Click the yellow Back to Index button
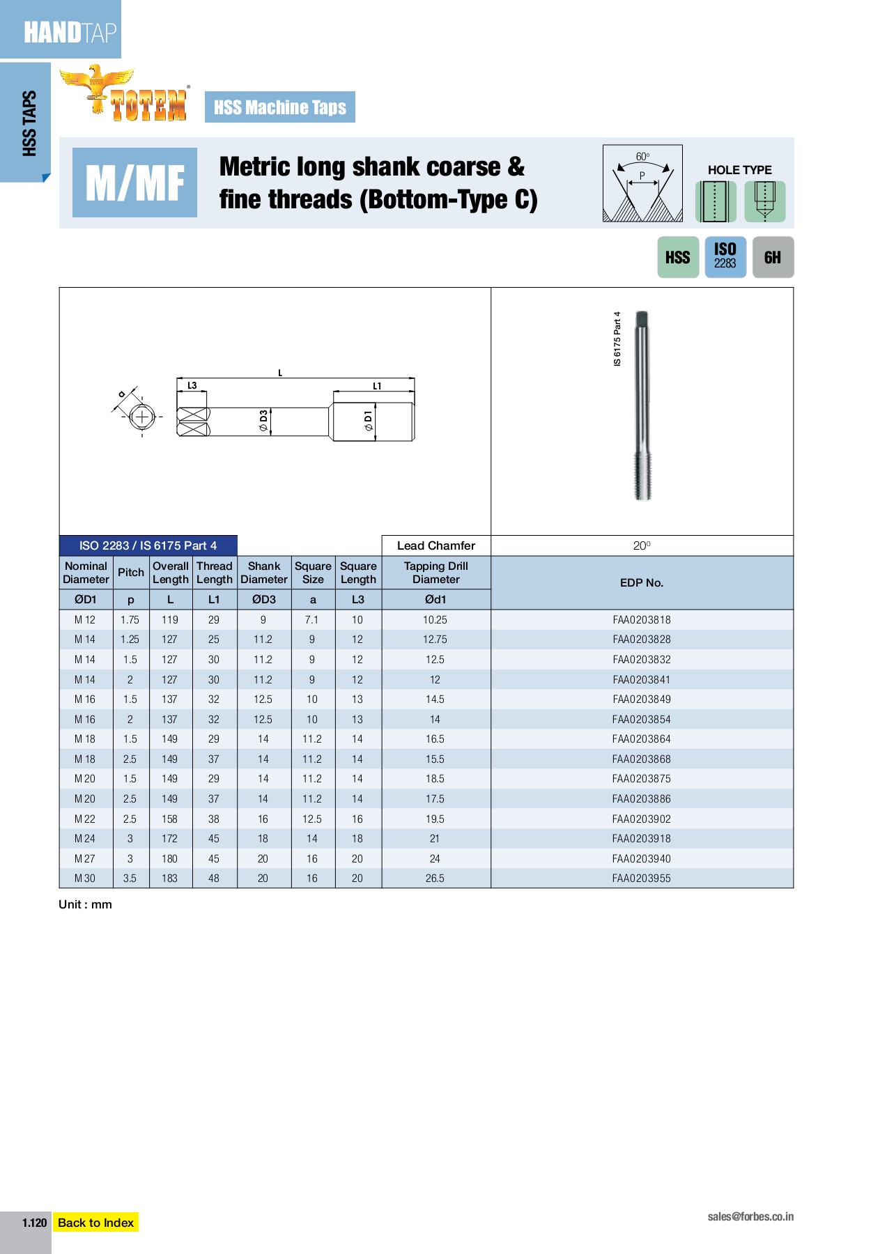95,1222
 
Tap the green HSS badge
677,257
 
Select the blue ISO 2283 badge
725,257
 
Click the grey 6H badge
772,257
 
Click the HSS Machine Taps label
279,107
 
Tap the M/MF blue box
134,183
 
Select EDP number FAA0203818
641,619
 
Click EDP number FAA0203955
641,878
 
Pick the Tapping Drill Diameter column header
435,573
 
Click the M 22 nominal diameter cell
85,819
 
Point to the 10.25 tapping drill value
435,619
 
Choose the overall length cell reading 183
170,878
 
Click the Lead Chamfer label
435,545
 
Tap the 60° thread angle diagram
642,184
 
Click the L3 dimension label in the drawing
192,385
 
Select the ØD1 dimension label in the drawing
368,421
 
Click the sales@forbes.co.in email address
750,1216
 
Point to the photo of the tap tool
642,405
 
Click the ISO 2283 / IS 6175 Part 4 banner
148,545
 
